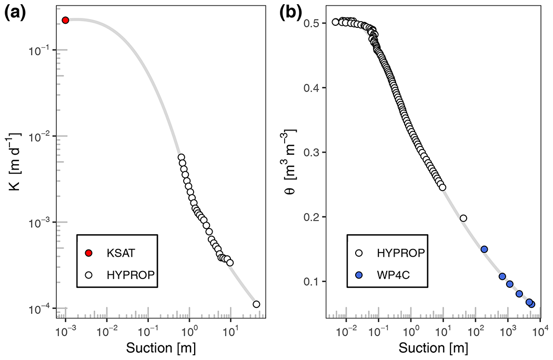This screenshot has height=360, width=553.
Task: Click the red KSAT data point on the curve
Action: click(x=65, y=20)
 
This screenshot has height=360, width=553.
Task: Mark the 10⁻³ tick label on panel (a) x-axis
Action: click(x=65, y=332)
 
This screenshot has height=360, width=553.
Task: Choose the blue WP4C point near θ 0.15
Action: click(x=484, y=249)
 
